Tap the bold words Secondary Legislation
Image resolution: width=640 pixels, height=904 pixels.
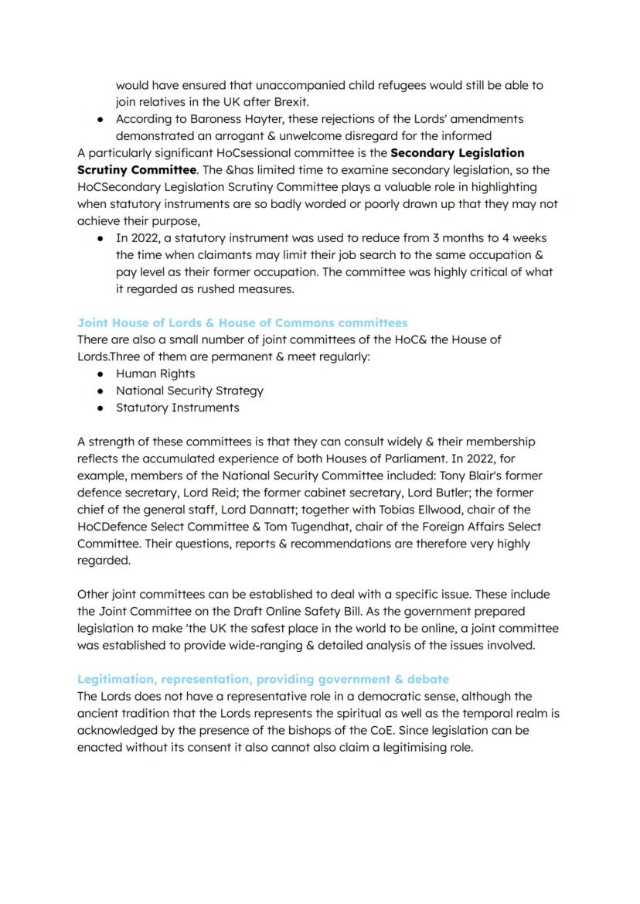[x=458, y=152]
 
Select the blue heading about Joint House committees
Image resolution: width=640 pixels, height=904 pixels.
[x=242, y=322]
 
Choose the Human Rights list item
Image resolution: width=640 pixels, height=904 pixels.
[x=155, y=374]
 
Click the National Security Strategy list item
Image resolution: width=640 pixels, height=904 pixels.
[x=189, y=391]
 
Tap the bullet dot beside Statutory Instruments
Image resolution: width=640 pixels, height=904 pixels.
[x=100, y=408]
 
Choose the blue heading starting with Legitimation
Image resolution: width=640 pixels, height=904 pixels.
[x=263, y=679]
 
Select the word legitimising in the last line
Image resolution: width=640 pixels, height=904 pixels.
[x=406, y=747]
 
